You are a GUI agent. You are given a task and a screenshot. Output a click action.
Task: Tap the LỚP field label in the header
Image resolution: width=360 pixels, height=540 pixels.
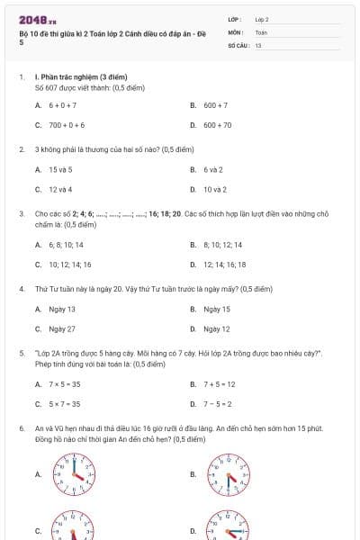click(235, 18)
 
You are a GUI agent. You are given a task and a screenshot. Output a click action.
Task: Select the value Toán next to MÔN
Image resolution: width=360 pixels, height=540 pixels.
click(261, 31)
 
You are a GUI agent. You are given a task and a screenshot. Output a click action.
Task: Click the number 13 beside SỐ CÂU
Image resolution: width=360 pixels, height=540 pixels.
click(258, 44)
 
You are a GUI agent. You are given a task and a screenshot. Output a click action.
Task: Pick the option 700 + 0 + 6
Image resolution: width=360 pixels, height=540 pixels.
click(67, 125)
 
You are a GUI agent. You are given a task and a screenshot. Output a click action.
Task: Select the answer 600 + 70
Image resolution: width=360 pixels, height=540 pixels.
click(217, 125)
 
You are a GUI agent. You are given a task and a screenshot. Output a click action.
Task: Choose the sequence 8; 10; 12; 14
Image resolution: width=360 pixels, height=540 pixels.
click(219, 244)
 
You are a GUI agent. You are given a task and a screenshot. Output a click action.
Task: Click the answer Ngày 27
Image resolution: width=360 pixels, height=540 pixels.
click(62, 328)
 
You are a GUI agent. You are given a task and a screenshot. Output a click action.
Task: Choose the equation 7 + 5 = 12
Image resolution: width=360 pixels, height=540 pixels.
click(219, 383)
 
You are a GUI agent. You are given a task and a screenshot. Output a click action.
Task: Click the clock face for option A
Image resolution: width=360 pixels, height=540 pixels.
click(73, 472)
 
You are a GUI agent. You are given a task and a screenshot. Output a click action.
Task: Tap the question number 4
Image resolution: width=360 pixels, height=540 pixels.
click(21, 289)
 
